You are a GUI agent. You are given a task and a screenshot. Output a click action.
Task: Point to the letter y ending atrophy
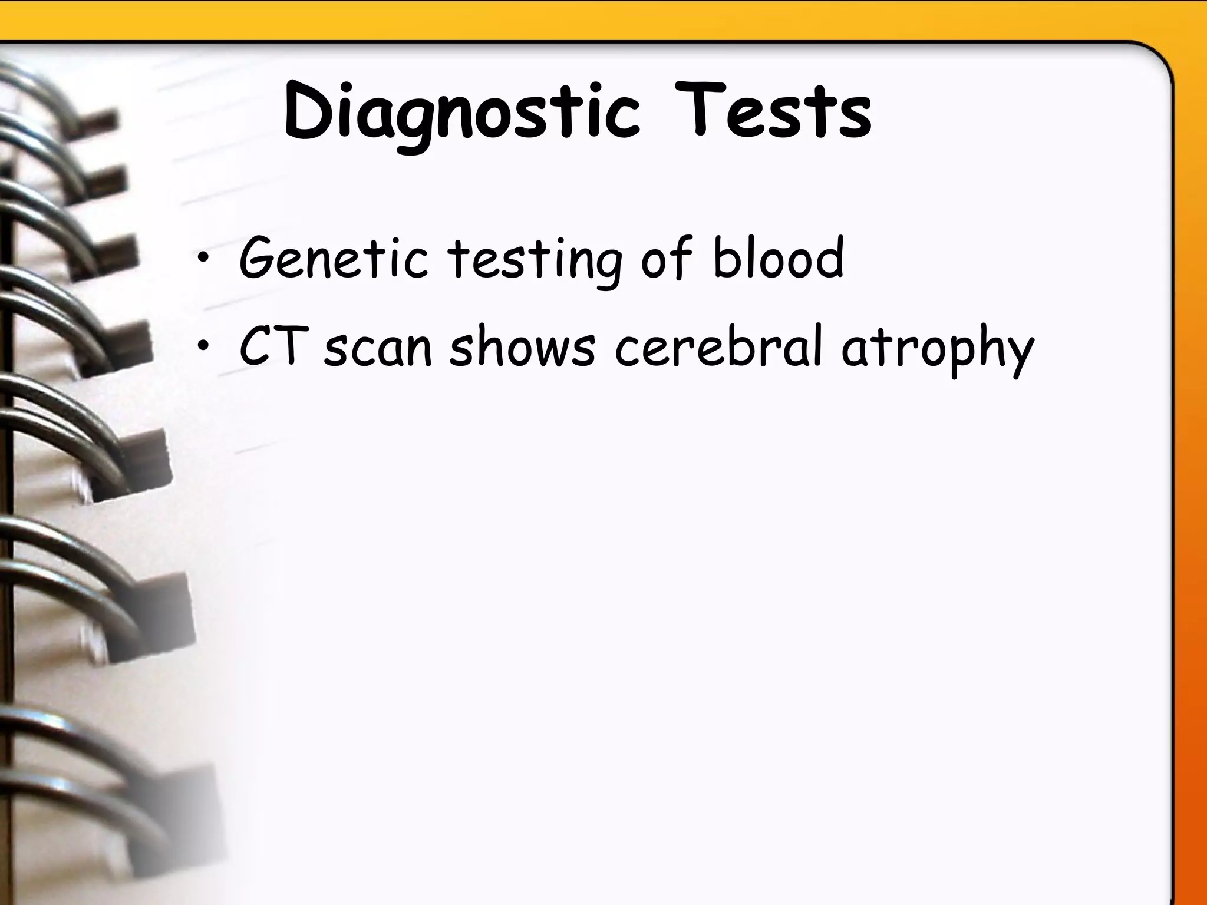point(1016,354)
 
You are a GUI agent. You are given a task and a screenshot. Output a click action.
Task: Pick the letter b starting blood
point(725,257)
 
